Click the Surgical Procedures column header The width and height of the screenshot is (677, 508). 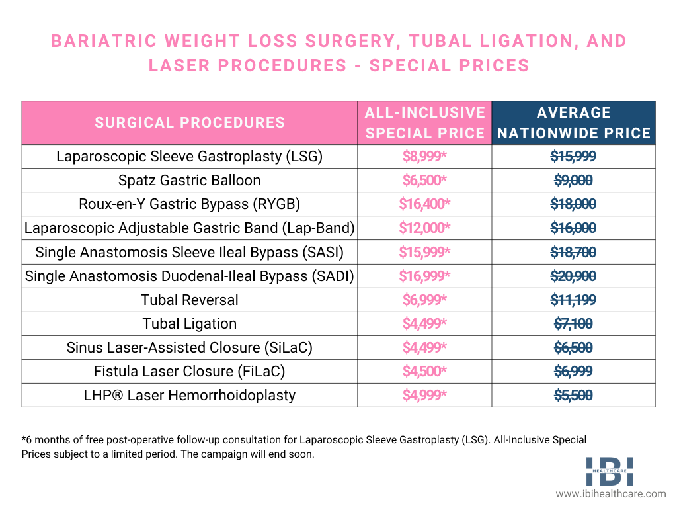click(190, 123)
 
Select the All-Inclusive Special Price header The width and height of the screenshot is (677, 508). click(424, 123)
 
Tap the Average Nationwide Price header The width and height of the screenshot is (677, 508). click(574, 123)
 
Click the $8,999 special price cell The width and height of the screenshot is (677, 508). click(424, 157)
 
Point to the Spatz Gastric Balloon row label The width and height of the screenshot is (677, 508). click(190, 181)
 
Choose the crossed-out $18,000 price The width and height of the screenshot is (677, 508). click(574, 204)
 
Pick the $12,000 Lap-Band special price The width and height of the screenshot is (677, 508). click(424, 228)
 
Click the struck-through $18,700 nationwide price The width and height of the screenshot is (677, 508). click(574, 252)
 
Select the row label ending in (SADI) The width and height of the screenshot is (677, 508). click(190, 276)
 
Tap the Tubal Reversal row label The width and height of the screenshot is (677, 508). click(190, 300)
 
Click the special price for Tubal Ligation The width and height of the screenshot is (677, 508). click(424, 323)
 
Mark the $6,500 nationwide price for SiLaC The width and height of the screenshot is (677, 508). click(574, 347)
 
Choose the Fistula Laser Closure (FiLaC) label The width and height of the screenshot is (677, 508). click(190, 371)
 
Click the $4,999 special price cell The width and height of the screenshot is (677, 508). click(424, 396)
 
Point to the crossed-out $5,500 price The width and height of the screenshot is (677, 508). click(574, 396)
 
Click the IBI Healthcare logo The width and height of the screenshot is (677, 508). click(610, 470)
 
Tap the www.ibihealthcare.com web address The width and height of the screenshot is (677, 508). click(610, 494)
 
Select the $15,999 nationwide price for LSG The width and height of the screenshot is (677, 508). click(574, 157)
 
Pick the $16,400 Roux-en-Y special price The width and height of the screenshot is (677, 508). click(424, 204)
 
